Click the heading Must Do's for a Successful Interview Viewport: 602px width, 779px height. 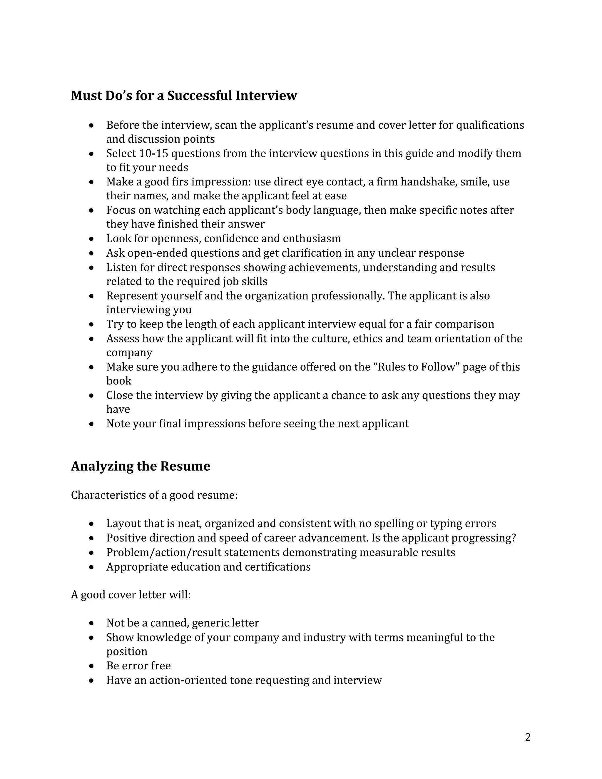coord(184,96)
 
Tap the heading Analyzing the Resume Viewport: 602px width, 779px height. coord(141,466)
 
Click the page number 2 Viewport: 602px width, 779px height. coord(527,737)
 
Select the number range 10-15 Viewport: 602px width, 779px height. coord(153,153)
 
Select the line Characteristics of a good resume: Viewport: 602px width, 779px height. coord(154,495)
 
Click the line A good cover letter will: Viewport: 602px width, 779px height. coord(131,595)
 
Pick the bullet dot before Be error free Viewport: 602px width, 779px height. coord(92,666)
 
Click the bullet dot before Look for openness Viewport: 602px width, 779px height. coord(92,239)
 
